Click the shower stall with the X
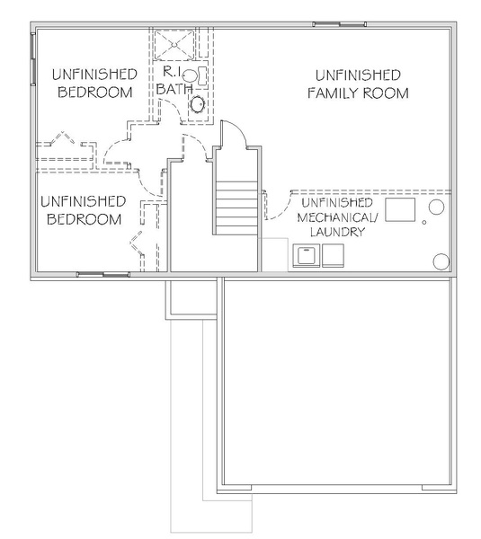tap(174, 45)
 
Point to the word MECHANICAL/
tap(337, 217)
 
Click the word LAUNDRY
tap(337, 232)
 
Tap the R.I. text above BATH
tap(172, 72)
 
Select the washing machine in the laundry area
tap(307, 255)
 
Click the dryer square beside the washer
tap(333, 255)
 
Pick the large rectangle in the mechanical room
tap(400, 209)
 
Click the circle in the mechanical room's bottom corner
tap(441, 261)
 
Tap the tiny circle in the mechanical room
tap(423, 223)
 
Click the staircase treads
tap(236, 208)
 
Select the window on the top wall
tap(339, 24)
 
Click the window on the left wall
tap(33, 58)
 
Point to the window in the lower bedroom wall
tap(103, 274)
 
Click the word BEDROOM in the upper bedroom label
tap(95, 93)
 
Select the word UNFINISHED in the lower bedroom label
tap(84, 201)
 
